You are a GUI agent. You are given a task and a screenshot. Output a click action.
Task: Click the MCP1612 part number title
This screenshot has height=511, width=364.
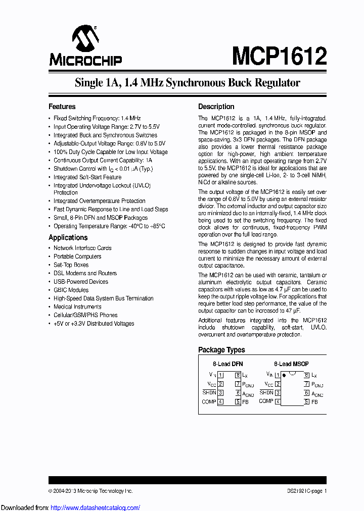point(280,55)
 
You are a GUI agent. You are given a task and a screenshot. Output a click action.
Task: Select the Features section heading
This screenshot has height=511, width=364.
point(62,107)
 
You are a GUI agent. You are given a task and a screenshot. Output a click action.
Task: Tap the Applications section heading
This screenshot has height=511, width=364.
point(68,237)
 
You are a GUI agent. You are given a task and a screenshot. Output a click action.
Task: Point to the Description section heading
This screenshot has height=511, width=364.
point(216,107)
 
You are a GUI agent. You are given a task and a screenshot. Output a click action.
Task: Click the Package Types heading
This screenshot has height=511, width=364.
point(221,350)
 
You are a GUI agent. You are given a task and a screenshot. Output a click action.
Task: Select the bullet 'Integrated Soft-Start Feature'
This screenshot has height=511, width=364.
point(87,177)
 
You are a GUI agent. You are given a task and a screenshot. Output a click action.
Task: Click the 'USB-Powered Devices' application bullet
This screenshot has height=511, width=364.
point(81,282)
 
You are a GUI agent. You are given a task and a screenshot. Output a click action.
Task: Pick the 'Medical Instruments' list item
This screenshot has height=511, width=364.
point(77,307)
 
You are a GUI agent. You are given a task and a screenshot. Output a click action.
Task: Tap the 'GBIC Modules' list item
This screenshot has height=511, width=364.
point(71,290)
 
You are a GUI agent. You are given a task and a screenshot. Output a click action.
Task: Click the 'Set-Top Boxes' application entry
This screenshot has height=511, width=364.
point(71,265)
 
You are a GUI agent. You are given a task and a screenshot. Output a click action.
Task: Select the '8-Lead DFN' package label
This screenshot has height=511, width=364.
point(227,364)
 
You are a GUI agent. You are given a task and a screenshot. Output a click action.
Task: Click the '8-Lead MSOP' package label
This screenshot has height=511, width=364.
point(291,364)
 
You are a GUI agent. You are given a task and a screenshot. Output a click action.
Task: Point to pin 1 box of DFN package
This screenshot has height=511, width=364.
point(220,375)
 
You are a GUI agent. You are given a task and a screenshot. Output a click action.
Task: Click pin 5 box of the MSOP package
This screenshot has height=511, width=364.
point(306,402)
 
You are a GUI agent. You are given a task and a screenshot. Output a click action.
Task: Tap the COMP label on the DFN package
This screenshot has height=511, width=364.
point(209,402)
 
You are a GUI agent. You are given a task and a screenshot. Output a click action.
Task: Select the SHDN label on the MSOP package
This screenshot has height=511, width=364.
point(266,393)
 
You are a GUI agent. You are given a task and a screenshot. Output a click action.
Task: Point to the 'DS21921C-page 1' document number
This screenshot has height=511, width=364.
point(304,491)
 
